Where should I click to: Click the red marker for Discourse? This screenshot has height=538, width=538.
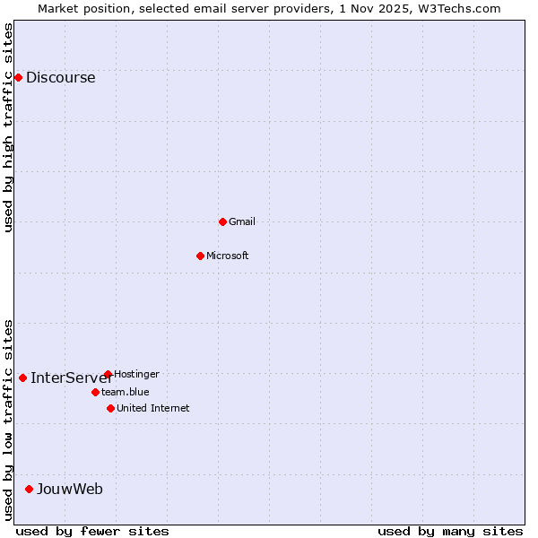(x=18, y=78)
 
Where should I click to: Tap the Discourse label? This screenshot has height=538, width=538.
(x=60, y=78)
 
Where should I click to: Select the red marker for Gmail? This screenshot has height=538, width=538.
(x=222, y=221)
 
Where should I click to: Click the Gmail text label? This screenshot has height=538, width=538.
(x=242, y=221)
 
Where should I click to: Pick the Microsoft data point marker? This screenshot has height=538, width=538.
(x=200, y=256)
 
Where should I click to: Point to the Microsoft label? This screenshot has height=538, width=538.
(x=227, y=256)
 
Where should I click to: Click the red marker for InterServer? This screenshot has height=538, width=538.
(x=22, y=377)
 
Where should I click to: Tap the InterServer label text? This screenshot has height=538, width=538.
(x=70, y=377)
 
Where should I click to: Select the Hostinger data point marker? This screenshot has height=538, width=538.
(x=108, y=374)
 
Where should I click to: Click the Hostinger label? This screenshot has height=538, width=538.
(x=136, y=374)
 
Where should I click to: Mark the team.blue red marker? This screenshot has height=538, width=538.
(x=95, y=392)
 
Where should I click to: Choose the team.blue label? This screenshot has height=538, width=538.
(x=125, y=392)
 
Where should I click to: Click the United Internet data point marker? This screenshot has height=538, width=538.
(x=110, y=408)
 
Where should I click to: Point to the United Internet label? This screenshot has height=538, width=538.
(x=152, y=408)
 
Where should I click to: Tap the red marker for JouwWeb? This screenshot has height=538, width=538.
(x=29, y=489)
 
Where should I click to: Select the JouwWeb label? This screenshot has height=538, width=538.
(x=69, y=489)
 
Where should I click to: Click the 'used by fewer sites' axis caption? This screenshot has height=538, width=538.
(x=92, y=531)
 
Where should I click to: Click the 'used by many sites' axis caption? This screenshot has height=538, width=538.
(x=449, y=531)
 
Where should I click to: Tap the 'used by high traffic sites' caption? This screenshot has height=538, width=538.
(x=8, y=127)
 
